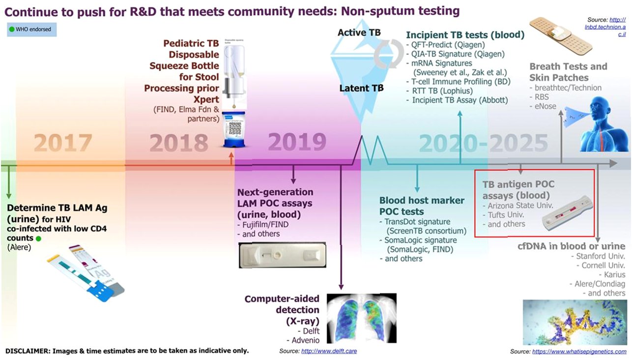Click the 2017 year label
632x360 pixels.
coord(63,143)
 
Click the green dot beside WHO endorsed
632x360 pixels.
coord(11,30)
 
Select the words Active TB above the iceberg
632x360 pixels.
coord(359,32)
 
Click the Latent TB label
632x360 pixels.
coord(361,89)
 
